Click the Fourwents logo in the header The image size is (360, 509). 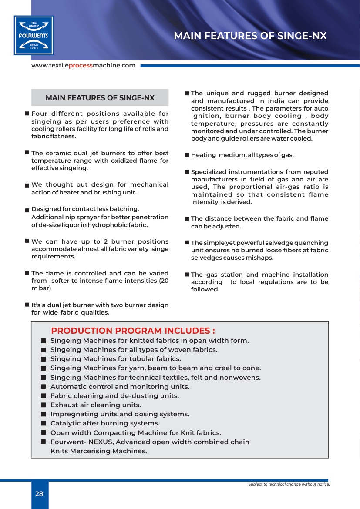coord(34,36)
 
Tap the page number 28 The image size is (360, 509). coord(39,494)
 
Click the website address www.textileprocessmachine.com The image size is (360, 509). coord(83,66)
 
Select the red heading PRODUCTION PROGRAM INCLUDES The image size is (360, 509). coord(133,331)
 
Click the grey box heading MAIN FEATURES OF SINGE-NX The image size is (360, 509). coord(100,98)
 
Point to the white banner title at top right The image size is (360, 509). coord(250,36)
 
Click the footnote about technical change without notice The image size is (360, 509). coord(289,484)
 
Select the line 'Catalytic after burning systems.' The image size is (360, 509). coord(105,423)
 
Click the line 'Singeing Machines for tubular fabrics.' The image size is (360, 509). coord(115,359)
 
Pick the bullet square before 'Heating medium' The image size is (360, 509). coord(187,155)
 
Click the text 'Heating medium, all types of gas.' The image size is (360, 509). coord(242,155)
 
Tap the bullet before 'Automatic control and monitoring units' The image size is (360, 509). coord(44,387)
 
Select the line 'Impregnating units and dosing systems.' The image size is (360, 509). coord(120,414)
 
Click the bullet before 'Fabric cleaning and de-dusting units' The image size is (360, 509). coord(44,396)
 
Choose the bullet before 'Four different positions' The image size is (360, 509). coord(27,114)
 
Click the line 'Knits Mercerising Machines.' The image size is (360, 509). coord(98,451)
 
